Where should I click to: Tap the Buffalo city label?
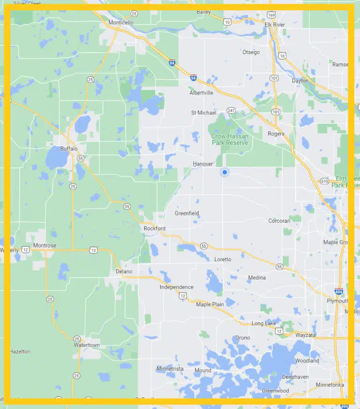coord(68,149)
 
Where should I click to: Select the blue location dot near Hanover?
coord(225,173)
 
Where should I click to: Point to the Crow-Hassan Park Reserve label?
coord(230,139)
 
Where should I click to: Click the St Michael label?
coord(204,113)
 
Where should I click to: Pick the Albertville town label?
coord(201,93)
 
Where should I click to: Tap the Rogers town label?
coord(276,134)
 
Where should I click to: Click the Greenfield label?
coord(187,213)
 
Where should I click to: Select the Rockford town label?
coord(155,228)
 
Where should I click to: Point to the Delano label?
coord(124,272)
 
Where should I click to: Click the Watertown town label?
coord(87,345)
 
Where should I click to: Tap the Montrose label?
coord(45,245)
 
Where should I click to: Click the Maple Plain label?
coord(210,304)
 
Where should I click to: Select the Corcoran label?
coord(279,220)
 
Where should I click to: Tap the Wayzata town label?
coord(306,335)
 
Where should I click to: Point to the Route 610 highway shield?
coord(324,181)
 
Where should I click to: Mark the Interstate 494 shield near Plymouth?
coord(338,291)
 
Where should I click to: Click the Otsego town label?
coord(251,52)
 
